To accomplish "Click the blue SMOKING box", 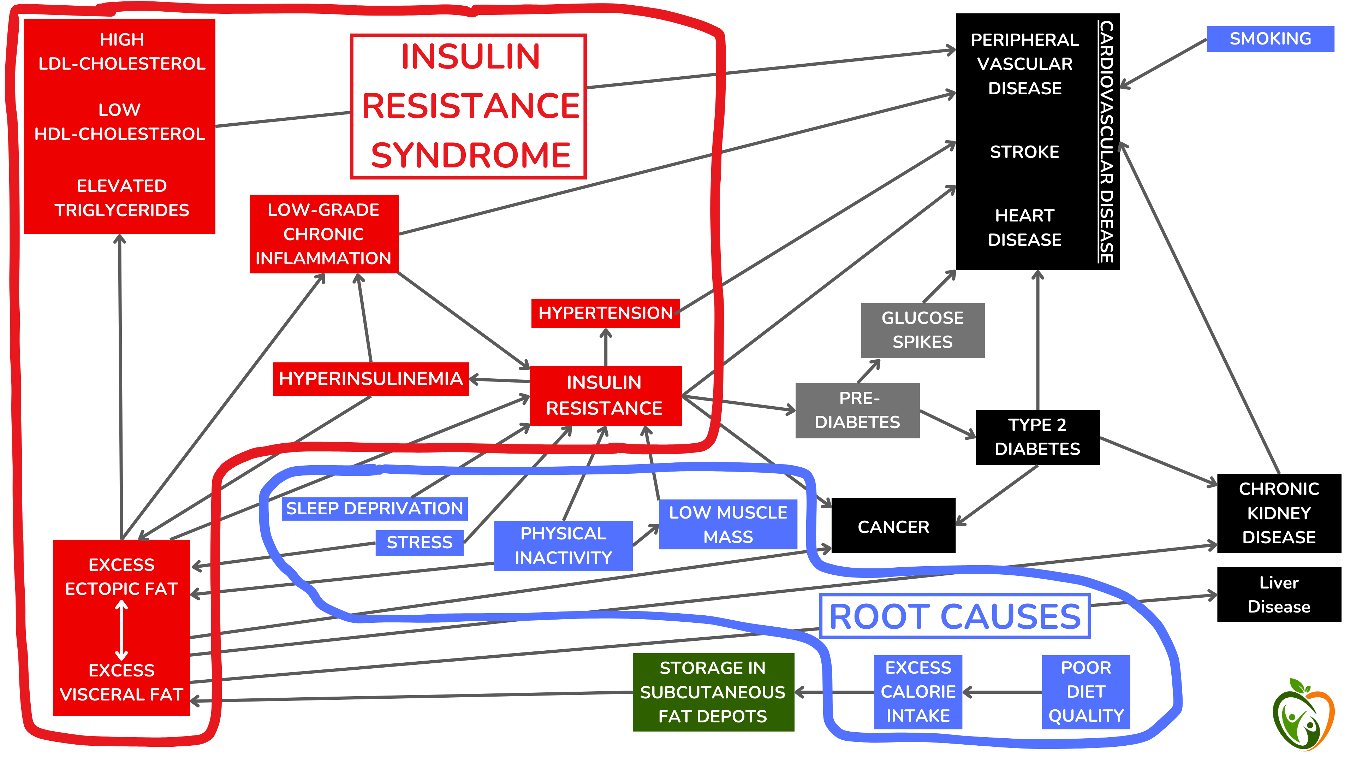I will click(x=1270, y=39).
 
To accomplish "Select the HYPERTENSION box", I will click(x=605, y=313).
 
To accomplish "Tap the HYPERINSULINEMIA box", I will click(x=370, y=379).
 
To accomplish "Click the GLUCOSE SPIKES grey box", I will click(x=922, y=330).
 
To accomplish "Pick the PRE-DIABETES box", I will click(x=857, y=410).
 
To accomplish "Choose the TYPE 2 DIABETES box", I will click(x=1037, y=437).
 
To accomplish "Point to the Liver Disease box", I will click(x=1279, y=595).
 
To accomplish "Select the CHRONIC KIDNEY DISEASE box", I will click(x=1279, y=513).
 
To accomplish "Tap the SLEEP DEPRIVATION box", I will click(x=374, y=509).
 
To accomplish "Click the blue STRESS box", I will click(x=419, y=542).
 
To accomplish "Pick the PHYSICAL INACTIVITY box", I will click(x=563, y=545).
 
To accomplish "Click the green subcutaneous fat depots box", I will click(x=713, y=692).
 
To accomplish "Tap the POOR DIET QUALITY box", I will click(x=1086, y=692).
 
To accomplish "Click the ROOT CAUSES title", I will click(x=954, y=617).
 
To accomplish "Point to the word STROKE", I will click(x=1024, y=152).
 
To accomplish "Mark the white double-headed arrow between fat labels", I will click(x=121, y=630).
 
